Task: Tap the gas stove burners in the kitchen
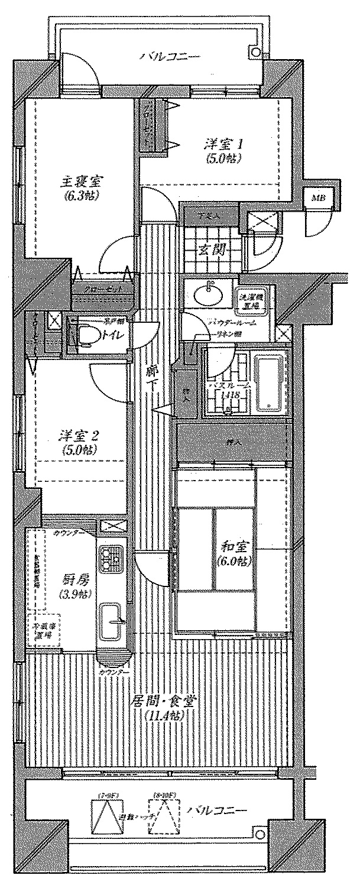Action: (x=110, y=557)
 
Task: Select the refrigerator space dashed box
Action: (x=38, y=631)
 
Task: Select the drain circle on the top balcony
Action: (x=255, y=52)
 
